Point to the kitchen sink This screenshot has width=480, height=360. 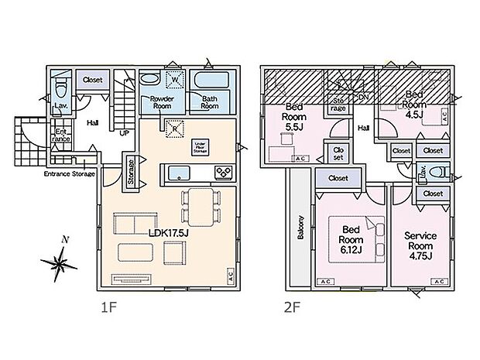pos(180,172)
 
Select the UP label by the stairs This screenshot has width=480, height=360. pos(123,132)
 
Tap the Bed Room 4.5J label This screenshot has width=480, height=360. pos(414,98)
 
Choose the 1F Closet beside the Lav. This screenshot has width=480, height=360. pos(93,78)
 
